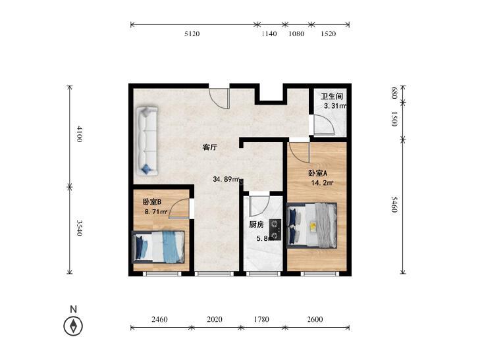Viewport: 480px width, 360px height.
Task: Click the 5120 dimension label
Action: click(192, 34)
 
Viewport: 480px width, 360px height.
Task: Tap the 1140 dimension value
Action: click(269, 34)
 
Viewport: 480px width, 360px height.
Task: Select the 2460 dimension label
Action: click(159, 319)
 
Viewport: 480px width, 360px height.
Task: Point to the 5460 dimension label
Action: click(394, 205)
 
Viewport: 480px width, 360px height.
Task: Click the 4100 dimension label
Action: click(79, 134)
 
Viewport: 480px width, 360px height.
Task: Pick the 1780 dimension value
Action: click(261, 319)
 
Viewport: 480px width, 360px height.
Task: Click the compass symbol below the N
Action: click(73, 326)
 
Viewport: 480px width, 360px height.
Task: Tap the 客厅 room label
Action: click(209, 147)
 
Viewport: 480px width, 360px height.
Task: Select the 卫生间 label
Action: click(332, 96)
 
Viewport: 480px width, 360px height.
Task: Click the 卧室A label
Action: click(317, 173)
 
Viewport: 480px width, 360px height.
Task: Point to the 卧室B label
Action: click(152, 202)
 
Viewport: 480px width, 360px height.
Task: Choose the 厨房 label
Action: click(256, 224)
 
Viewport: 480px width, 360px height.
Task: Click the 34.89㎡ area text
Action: click(226, 179)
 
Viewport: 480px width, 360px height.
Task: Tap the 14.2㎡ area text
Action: click(323, 183)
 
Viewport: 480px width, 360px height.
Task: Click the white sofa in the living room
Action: click(147, 141)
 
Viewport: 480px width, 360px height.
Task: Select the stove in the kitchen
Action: click(275, 230)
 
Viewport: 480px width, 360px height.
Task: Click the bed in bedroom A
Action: click(312, 226)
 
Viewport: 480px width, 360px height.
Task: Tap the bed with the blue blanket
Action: click(158, 247)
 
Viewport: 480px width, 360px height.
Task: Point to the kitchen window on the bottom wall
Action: click(263, 274)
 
